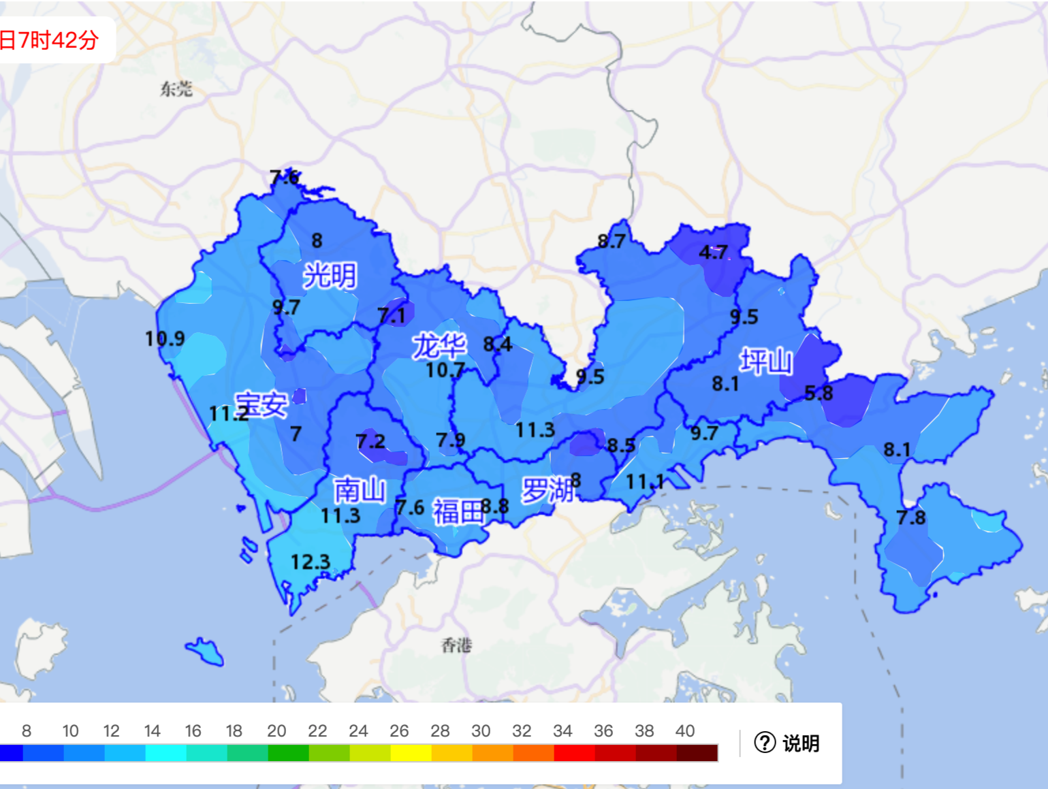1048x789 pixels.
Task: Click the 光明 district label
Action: point(330,276)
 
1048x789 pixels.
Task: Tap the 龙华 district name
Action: point(439,346)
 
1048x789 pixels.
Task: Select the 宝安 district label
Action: point(261,405)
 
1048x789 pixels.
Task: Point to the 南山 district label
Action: point(360,490)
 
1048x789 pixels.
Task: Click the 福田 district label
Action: point(458,512)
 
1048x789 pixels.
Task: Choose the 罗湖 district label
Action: point(547,490)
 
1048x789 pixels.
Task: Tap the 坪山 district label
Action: point(766,361)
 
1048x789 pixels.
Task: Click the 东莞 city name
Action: point(176,89)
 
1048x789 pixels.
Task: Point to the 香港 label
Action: point(456,645)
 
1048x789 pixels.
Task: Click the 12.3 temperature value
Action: point(310,562)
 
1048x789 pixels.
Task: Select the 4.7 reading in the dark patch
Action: point(713,253)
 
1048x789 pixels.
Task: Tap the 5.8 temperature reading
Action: point(819,393)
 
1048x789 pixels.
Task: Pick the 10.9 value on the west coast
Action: point(165,338)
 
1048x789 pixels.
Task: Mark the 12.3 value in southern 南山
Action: point(310,562)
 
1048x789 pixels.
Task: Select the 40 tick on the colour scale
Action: point(684,731)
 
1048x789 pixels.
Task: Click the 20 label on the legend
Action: point(276,731)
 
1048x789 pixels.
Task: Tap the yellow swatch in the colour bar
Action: point(411,753)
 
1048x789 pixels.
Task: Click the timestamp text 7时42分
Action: point(59,40)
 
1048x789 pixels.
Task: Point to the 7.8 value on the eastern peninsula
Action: point(910,518)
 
